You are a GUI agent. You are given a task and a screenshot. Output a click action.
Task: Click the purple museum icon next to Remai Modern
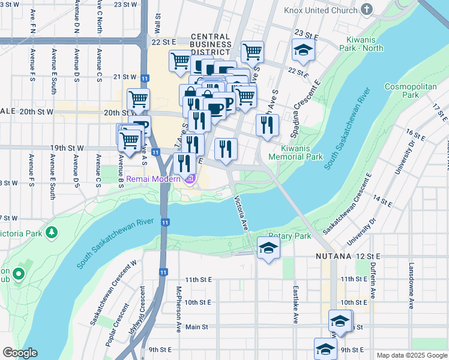click(190, 179)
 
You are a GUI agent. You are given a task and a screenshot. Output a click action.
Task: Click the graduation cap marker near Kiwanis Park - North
click(304, 51)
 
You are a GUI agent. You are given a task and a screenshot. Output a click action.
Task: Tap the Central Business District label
click(211, 44)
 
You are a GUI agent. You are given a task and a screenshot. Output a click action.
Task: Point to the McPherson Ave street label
click(179, 309)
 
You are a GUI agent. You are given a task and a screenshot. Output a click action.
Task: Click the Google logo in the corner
click(20, 353)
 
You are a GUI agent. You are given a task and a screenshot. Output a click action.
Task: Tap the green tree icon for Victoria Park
click(52, 232)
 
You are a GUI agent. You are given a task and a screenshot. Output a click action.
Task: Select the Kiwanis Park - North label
click(360, 44)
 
